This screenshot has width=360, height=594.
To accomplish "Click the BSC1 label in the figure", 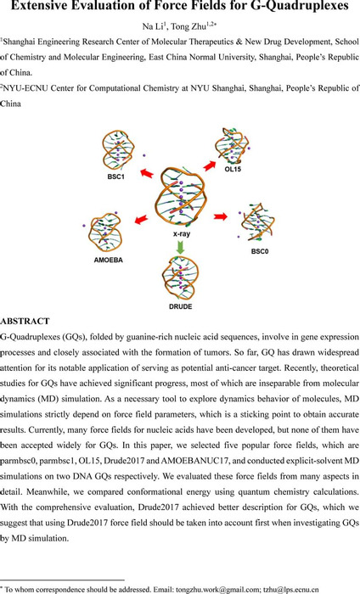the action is (115, 177).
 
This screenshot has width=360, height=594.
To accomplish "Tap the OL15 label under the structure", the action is (233, 169).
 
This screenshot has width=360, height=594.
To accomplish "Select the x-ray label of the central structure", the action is (182, 234).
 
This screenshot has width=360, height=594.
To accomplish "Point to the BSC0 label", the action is (260, 251).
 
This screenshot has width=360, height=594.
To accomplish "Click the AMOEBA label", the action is (109, 261).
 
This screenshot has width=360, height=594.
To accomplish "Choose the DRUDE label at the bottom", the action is (180, 306).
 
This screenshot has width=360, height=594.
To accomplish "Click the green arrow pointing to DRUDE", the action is (180, 247).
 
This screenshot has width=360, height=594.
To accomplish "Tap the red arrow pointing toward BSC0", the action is (221, 216).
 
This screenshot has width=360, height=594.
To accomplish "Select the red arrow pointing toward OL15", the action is (209, 165).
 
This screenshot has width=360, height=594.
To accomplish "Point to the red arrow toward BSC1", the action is (147, 173).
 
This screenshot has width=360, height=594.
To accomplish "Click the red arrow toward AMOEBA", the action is (141, 219).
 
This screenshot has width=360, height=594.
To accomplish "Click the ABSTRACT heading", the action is (25, 322).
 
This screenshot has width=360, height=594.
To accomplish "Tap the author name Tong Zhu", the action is (188, 26).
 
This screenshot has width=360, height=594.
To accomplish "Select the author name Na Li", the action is (152, 26).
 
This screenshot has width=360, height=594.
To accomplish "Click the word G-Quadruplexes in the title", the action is (296, 7).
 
